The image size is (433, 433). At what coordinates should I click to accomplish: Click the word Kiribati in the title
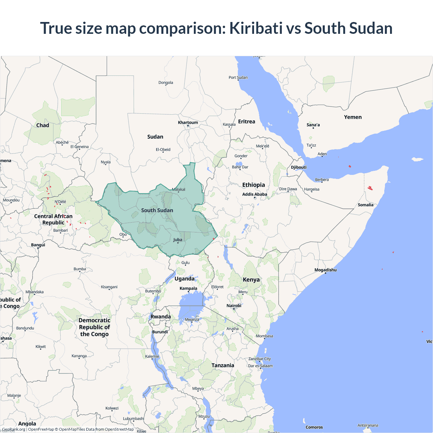coord(256,28)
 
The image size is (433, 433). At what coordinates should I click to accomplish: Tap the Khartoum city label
coord(188,122)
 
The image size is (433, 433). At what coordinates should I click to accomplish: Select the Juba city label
coord(178,240)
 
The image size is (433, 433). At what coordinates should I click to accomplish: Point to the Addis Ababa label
coord(254,194)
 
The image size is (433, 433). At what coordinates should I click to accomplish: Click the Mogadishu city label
coord(325,270)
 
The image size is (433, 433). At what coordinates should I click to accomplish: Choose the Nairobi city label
coord(234,306)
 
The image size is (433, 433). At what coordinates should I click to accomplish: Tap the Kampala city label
coord(188,289)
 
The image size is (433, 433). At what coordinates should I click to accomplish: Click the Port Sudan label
coord(238,77)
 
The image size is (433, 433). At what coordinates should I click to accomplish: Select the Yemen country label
coord(352,117)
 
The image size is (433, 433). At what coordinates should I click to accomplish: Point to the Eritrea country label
coord(246,121)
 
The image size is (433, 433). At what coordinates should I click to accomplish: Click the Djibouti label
coord(298,167)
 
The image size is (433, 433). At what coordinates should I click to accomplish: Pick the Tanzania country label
coord(223,365)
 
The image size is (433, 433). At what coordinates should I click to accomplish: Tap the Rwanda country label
coord(160,317)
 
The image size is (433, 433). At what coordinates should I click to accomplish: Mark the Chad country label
coord(43,125)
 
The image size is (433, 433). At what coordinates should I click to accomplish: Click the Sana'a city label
coord(313,125)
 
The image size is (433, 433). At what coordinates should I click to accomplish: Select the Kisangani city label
coord(109,287)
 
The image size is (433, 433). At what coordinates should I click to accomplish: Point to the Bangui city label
coord(38,245)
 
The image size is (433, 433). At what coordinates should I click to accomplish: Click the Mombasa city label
coord(264,336)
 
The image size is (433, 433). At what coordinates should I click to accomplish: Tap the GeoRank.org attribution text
coord(14,429)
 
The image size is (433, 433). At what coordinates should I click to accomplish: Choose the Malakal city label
coord(179,189)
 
